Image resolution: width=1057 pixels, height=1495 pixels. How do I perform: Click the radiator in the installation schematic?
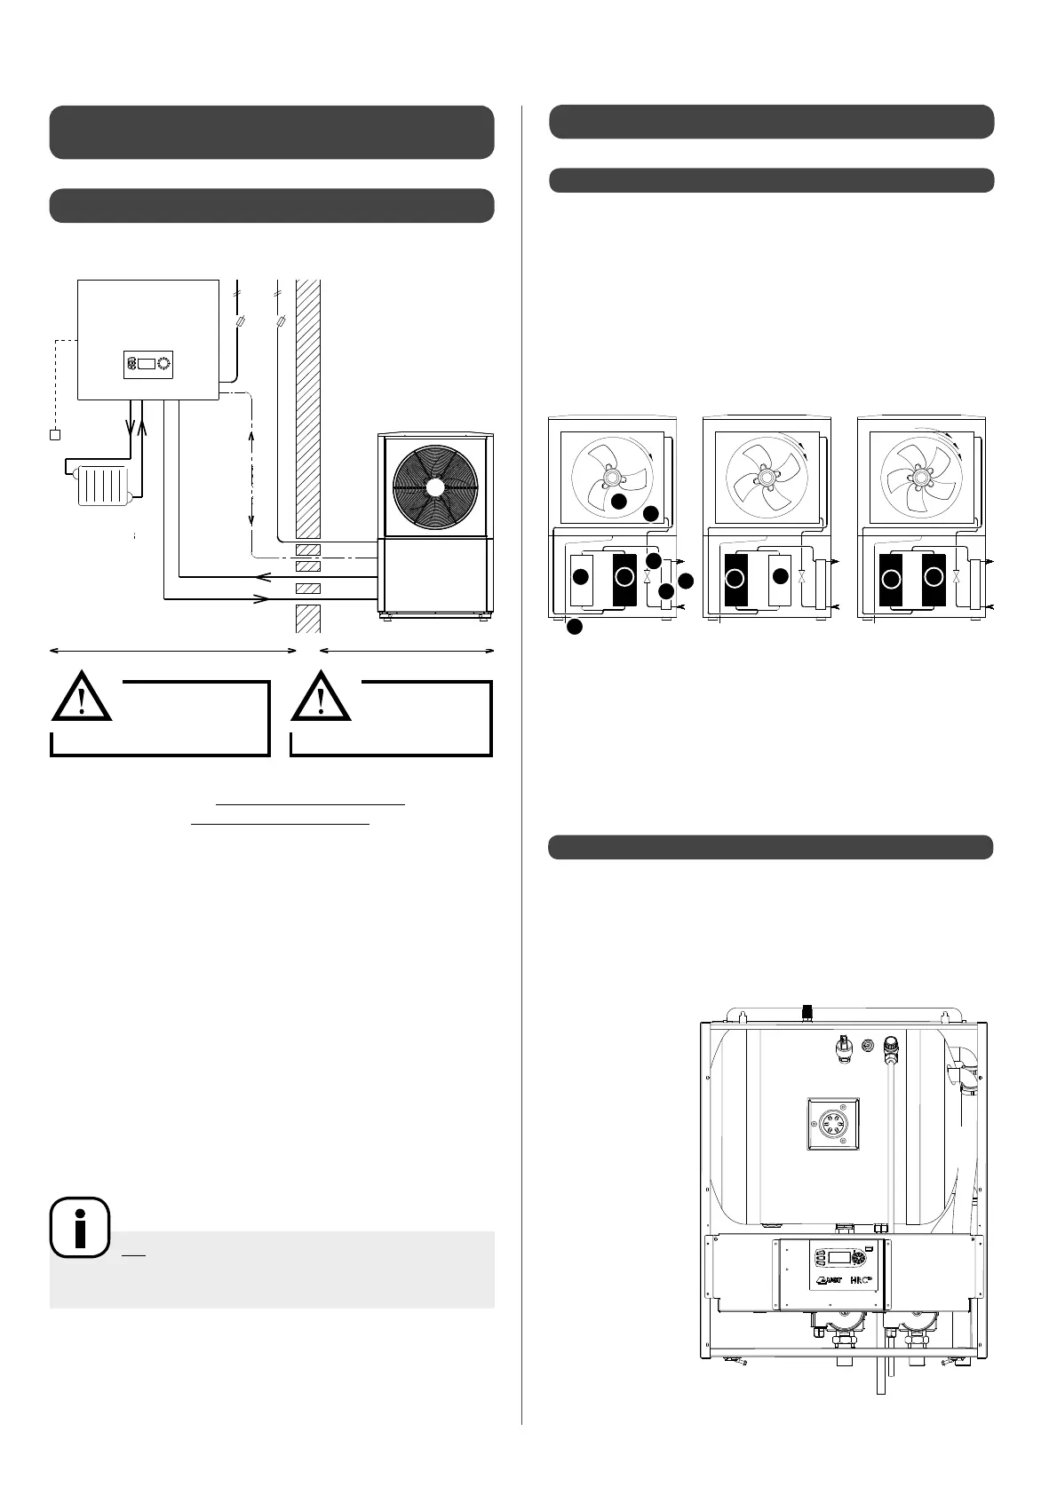105,486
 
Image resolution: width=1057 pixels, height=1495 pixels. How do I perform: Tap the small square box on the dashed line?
54,435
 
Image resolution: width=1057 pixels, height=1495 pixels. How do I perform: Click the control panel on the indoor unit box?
147,364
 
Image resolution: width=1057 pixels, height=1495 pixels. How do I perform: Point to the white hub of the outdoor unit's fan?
434,487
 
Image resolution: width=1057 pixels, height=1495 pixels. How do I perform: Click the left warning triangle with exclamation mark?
82,697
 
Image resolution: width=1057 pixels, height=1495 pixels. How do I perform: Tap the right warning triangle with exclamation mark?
322,697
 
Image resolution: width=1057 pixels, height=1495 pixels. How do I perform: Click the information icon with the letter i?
80,1228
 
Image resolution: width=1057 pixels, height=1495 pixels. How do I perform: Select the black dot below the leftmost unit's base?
574,627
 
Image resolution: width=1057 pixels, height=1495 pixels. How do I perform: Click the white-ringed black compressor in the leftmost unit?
624,576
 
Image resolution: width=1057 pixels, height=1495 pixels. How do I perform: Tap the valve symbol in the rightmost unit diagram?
956,576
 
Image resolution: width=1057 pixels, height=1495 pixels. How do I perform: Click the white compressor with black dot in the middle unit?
781,577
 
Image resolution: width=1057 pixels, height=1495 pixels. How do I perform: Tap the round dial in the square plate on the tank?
832,1124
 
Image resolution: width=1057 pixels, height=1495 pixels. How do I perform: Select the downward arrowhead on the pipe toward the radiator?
131,425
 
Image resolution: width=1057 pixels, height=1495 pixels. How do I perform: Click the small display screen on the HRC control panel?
839,1256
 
